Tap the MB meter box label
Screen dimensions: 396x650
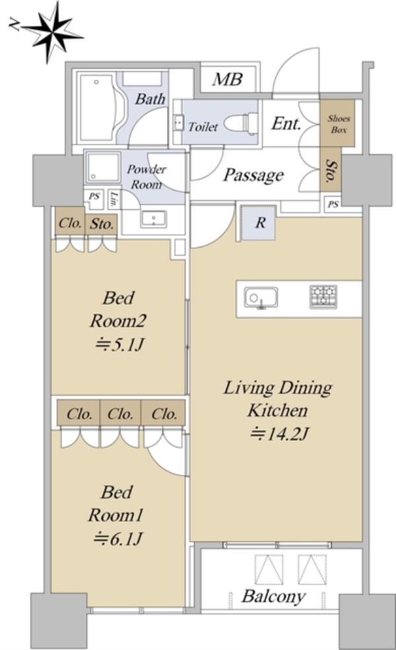tap(227, 79)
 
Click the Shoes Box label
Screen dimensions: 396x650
tap(339, 124)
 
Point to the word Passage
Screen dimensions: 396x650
tap(253, 175)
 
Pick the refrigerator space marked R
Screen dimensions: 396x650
tap(259, 222)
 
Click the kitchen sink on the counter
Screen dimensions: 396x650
tap(261, 298)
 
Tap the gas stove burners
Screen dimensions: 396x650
tap(323, 297)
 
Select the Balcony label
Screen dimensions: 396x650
tap(273, 597)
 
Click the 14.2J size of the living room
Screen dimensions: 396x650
tap(279, 434)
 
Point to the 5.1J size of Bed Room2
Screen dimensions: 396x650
tap(119, 344)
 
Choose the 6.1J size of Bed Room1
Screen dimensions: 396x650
tap(117, 539)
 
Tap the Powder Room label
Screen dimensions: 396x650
tap(146, 176)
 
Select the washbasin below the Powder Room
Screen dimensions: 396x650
tap(153, 219)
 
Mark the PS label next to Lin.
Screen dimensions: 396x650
tap(94, 196)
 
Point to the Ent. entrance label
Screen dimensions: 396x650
tap(286, 123)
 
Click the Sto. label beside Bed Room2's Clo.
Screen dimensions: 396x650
tap(102, 224)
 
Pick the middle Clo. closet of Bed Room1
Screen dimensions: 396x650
tap(120, 414)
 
